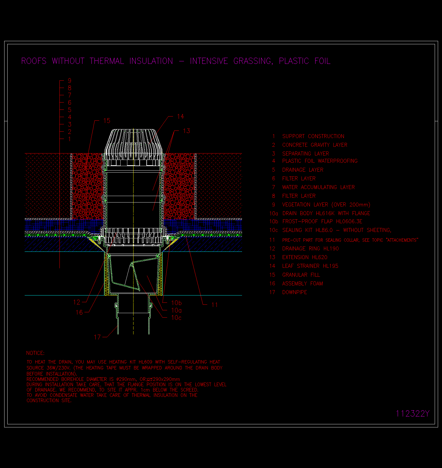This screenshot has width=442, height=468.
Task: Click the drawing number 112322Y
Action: [413, 414]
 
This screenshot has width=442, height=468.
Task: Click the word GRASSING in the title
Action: [253, 61]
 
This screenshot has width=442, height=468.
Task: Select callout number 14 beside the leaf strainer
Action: [181, 117]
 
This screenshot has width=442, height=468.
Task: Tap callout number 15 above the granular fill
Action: [107, 121]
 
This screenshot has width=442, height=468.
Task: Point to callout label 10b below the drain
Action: [176, 303]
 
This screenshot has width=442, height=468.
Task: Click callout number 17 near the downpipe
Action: [97, 337]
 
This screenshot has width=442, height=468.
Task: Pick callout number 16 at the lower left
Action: [79, 312]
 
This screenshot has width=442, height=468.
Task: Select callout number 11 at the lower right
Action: [215, 305]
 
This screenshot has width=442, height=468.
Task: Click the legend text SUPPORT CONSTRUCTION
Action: [313, 136]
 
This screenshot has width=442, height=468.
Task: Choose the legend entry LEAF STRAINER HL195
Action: [310, 266]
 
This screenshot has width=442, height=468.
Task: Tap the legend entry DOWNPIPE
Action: [294, 292]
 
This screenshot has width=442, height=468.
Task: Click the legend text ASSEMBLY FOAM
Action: [302, 284]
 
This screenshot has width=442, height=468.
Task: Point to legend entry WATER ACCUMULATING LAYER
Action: [318, 187]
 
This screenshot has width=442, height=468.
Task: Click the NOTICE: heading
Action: [35, 353]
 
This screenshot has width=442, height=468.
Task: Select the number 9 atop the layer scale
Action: [70, 81]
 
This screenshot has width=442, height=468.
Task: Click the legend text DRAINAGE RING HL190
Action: [310, 249]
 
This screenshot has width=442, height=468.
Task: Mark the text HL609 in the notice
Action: [146, 362]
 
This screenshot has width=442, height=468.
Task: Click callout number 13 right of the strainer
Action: [187, 131]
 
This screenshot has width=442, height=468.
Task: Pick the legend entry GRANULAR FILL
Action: [301, 275]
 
